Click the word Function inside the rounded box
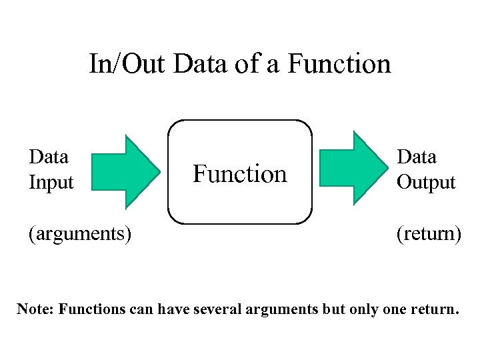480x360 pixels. coord(240,174)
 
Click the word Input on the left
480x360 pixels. coord(51,183)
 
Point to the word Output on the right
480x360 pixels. coord(426,183)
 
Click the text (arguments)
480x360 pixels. coord(79,234)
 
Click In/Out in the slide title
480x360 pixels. coord(128,64)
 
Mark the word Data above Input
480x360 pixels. coord(49,157)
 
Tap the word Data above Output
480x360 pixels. coord(417,157)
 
